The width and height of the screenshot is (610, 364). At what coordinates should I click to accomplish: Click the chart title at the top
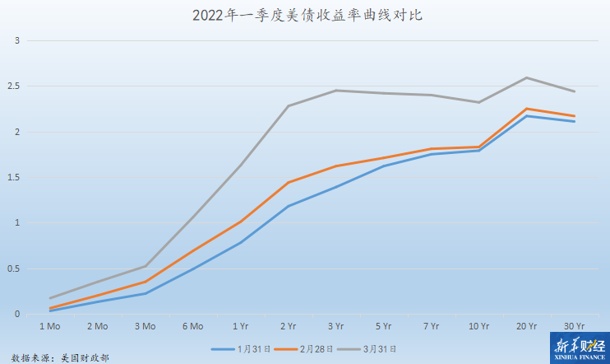[x=306, y=16]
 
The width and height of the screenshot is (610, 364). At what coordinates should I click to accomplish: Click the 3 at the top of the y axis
[x=16, y=41]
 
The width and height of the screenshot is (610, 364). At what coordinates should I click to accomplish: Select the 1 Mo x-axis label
[x=49, y=327]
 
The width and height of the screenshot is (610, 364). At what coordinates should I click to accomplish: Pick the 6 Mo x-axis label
[x=192, y=327]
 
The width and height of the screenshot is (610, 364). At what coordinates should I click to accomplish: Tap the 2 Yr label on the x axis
[x=289, y=327]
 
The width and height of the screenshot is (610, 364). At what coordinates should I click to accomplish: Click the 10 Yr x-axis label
[x=478, y=327]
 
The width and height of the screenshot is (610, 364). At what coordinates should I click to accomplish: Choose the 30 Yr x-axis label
[x=574, y=327]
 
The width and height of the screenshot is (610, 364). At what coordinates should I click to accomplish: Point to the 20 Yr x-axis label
[x=526, y=327]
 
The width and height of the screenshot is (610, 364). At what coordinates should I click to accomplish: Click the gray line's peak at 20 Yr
[x=526, y=78]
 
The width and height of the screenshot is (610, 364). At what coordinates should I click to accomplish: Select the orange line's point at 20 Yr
[x=526, y=109]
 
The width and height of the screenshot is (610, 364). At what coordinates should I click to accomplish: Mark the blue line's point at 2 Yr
[x=289, y=206]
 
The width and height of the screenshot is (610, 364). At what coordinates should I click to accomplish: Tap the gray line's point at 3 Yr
[x=336, y=91]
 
